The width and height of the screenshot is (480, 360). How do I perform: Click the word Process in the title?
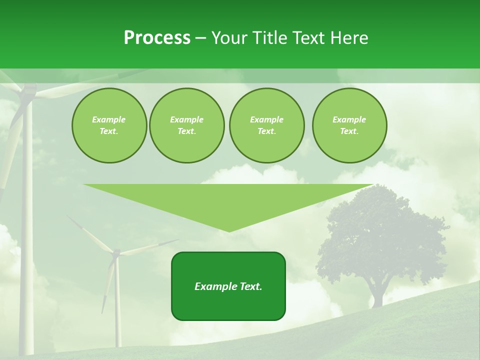157,38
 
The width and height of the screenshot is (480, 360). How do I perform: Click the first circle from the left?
109,125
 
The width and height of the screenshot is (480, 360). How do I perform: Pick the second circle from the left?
186,125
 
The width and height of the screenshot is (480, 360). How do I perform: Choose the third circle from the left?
266,125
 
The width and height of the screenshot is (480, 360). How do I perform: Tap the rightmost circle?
349,125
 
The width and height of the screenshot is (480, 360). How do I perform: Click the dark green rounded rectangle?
228,300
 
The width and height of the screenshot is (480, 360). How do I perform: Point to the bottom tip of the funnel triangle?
229,230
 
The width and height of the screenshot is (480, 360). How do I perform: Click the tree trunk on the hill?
377,295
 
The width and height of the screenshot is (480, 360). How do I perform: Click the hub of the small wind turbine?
116,253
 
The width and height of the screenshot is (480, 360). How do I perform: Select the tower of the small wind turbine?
117,305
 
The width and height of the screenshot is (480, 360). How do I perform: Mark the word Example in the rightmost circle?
349,119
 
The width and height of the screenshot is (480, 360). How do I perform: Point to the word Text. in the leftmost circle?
109,131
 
